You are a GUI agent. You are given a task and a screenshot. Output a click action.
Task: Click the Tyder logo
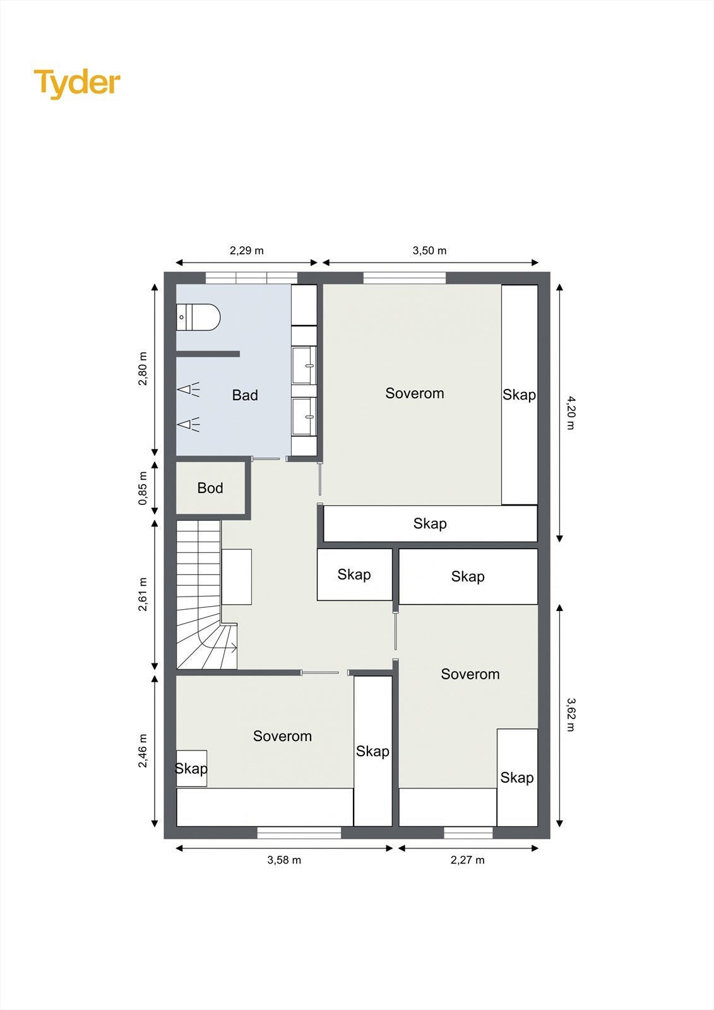coord(77,83)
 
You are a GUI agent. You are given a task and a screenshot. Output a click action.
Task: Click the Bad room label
coord(245,395)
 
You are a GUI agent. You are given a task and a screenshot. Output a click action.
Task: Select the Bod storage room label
coord(210,488)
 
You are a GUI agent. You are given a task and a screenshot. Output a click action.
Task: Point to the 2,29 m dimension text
coord(247,251)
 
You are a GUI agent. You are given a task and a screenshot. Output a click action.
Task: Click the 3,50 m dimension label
coord(430,251)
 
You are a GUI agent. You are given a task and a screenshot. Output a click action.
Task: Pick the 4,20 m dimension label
coord(570,413)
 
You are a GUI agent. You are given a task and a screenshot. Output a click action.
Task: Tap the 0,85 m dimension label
coord(143,489)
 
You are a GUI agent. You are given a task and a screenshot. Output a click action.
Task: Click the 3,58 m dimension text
coord(284,860)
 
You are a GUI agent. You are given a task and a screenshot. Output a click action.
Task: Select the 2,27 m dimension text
coord(468,860)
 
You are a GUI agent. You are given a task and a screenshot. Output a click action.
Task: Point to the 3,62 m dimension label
coord(570,714)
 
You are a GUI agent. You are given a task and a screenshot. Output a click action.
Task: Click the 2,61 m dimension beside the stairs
coord(143,594)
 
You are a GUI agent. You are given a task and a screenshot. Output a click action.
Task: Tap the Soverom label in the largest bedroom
coord(415,393)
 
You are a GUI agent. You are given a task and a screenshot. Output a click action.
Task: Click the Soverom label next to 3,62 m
coord(470,674)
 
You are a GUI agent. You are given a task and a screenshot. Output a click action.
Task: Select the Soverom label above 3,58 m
coord(282,736)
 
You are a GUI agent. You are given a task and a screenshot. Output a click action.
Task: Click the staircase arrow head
coord(234,647)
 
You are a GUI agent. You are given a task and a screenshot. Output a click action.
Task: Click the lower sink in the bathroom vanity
coord(304,417)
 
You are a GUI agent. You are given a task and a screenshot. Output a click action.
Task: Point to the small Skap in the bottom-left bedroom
coord(191,768)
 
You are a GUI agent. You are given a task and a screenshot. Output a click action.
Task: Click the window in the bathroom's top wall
coord(251,278)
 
